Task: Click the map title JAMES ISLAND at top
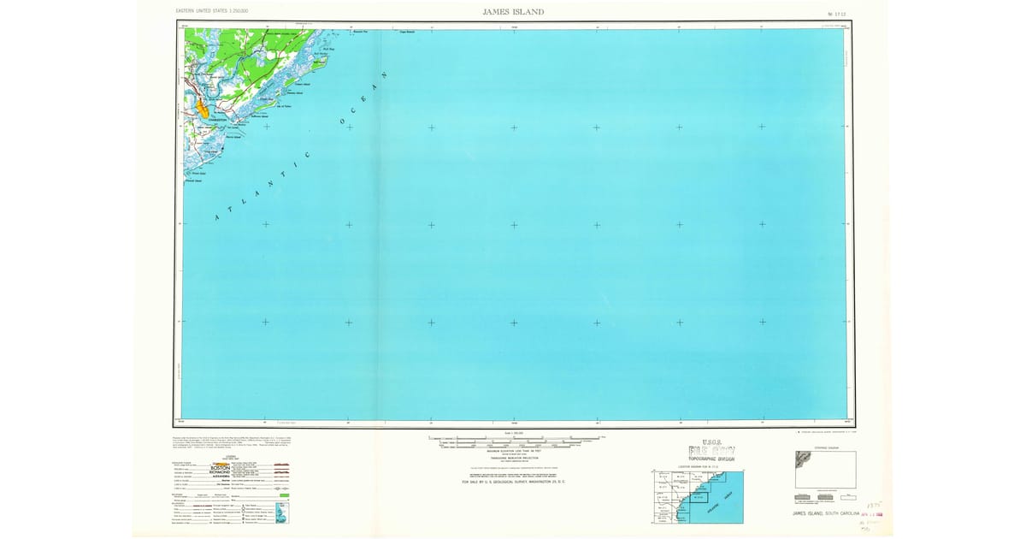click(513, 12)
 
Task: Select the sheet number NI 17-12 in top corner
click(824, 13)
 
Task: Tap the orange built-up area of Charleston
click(203, 109)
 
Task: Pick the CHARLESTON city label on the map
click(215, 120)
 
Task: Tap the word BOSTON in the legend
click(225, 468)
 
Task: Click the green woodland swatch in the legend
click(284, 495)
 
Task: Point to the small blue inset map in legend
click(286, 513)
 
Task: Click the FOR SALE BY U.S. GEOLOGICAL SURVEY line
click(513, 482)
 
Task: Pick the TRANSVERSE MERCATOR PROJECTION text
click(514, 459)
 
